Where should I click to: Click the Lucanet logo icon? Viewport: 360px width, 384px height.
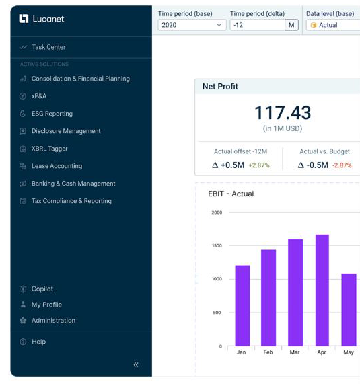(x=24, y=19)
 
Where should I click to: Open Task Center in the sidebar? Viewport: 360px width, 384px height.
(x=48, y=47)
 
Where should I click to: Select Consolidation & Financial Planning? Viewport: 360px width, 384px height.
(x=80, y=79)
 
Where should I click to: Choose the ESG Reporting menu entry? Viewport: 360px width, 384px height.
(x=52, y=114)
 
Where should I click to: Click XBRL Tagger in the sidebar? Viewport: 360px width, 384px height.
(x=50, y=149)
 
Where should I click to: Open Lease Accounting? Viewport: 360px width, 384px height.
(x=57, y=166)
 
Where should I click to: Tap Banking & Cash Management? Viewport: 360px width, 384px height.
(x=73, y=184)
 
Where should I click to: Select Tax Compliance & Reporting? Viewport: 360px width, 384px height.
(x=71, y=201)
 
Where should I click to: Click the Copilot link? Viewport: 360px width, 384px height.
(x=42, y=289)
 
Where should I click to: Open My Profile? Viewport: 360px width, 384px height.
(x=46, y=305)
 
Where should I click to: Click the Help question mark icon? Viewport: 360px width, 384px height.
(x=23, y=342)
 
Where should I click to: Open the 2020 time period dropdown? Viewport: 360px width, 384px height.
(x=192, y=25)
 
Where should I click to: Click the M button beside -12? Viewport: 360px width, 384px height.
(x=291, y=25)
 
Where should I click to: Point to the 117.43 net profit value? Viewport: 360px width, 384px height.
(x=283, y=113)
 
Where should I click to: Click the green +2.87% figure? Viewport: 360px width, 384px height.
(x=259, y=165)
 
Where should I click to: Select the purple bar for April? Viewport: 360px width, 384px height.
(x=322, y=291)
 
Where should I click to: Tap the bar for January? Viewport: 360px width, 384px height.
(x=242, y=305)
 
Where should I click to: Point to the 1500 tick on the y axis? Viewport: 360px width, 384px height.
(x=217, y=245)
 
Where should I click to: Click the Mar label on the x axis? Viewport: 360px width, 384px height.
(x=295, y=352)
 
